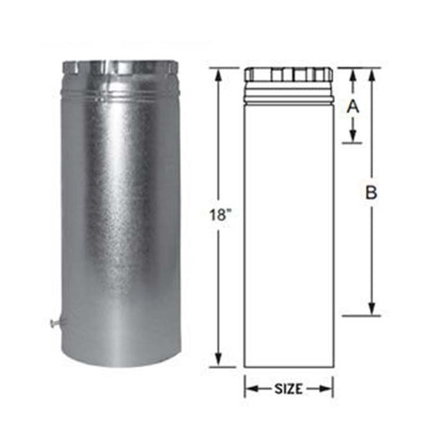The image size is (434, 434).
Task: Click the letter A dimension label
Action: point(353,107)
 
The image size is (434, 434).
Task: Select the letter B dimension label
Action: point(371,193)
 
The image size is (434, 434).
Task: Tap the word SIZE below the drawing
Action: point(288,389)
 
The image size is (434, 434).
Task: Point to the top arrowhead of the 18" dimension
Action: point(219,75)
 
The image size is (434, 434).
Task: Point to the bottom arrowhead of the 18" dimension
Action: point(219,360)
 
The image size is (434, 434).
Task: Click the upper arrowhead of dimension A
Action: point(353,75)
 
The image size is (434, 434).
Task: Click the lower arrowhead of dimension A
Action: point(353,136)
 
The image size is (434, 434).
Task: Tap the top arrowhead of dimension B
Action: point(372,75)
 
